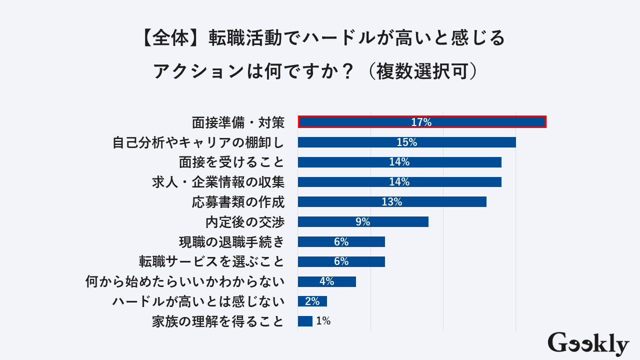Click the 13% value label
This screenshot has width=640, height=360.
tap(391, 202)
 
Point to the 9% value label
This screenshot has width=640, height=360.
tap(362, 222)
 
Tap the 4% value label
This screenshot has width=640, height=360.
tap(326, 281)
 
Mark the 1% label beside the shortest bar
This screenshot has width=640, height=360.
tap(323, 321)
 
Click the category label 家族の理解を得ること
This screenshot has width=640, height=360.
tap(218, 321)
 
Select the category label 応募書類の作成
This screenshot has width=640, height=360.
tap(238, 202)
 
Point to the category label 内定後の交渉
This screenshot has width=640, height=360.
tap(244, 222)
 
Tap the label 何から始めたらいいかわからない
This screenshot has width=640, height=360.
tap(185, 281)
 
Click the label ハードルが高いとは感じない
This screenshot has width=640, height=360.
tap(198, 301)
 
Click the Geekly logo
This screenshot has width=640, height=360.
tap(588, 343)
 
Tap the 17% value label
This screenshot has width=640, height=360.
tap(421, 122)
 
